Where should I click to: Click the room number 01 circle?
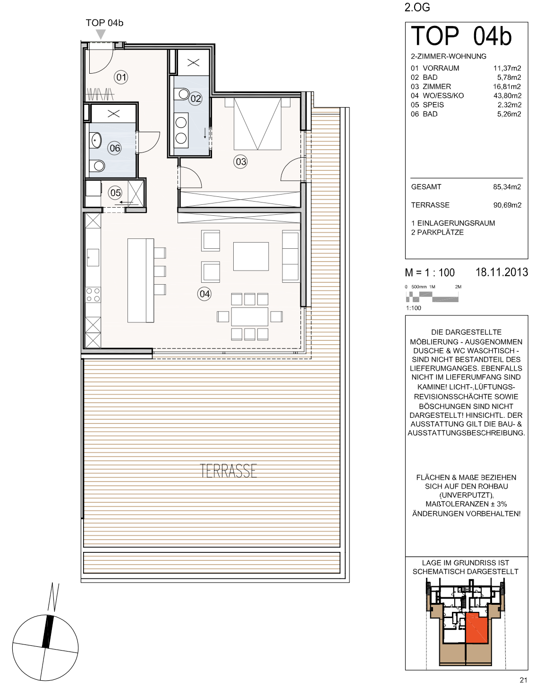121,77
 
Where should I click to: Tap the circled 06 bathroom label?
115,148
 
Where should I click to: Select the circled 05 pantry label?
115,193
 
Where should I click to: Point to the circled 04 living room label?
204,294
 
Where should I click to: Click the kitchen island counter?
141,280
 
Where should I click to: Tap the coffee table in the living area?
251,256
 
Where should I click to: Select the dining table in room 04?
250,316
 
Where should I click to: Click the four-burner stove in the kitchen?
93,295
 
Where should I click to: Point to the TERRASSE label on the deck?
229,471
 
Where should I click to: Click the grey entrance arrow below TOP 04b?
101,34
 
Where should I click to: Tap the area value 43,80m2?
507,95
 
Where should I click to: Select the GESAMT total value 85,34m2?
507,187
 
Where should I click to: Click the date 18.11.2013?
502,272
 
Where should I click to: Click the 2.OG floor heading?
417,8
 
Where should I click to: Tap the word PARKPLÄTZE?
441,232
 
